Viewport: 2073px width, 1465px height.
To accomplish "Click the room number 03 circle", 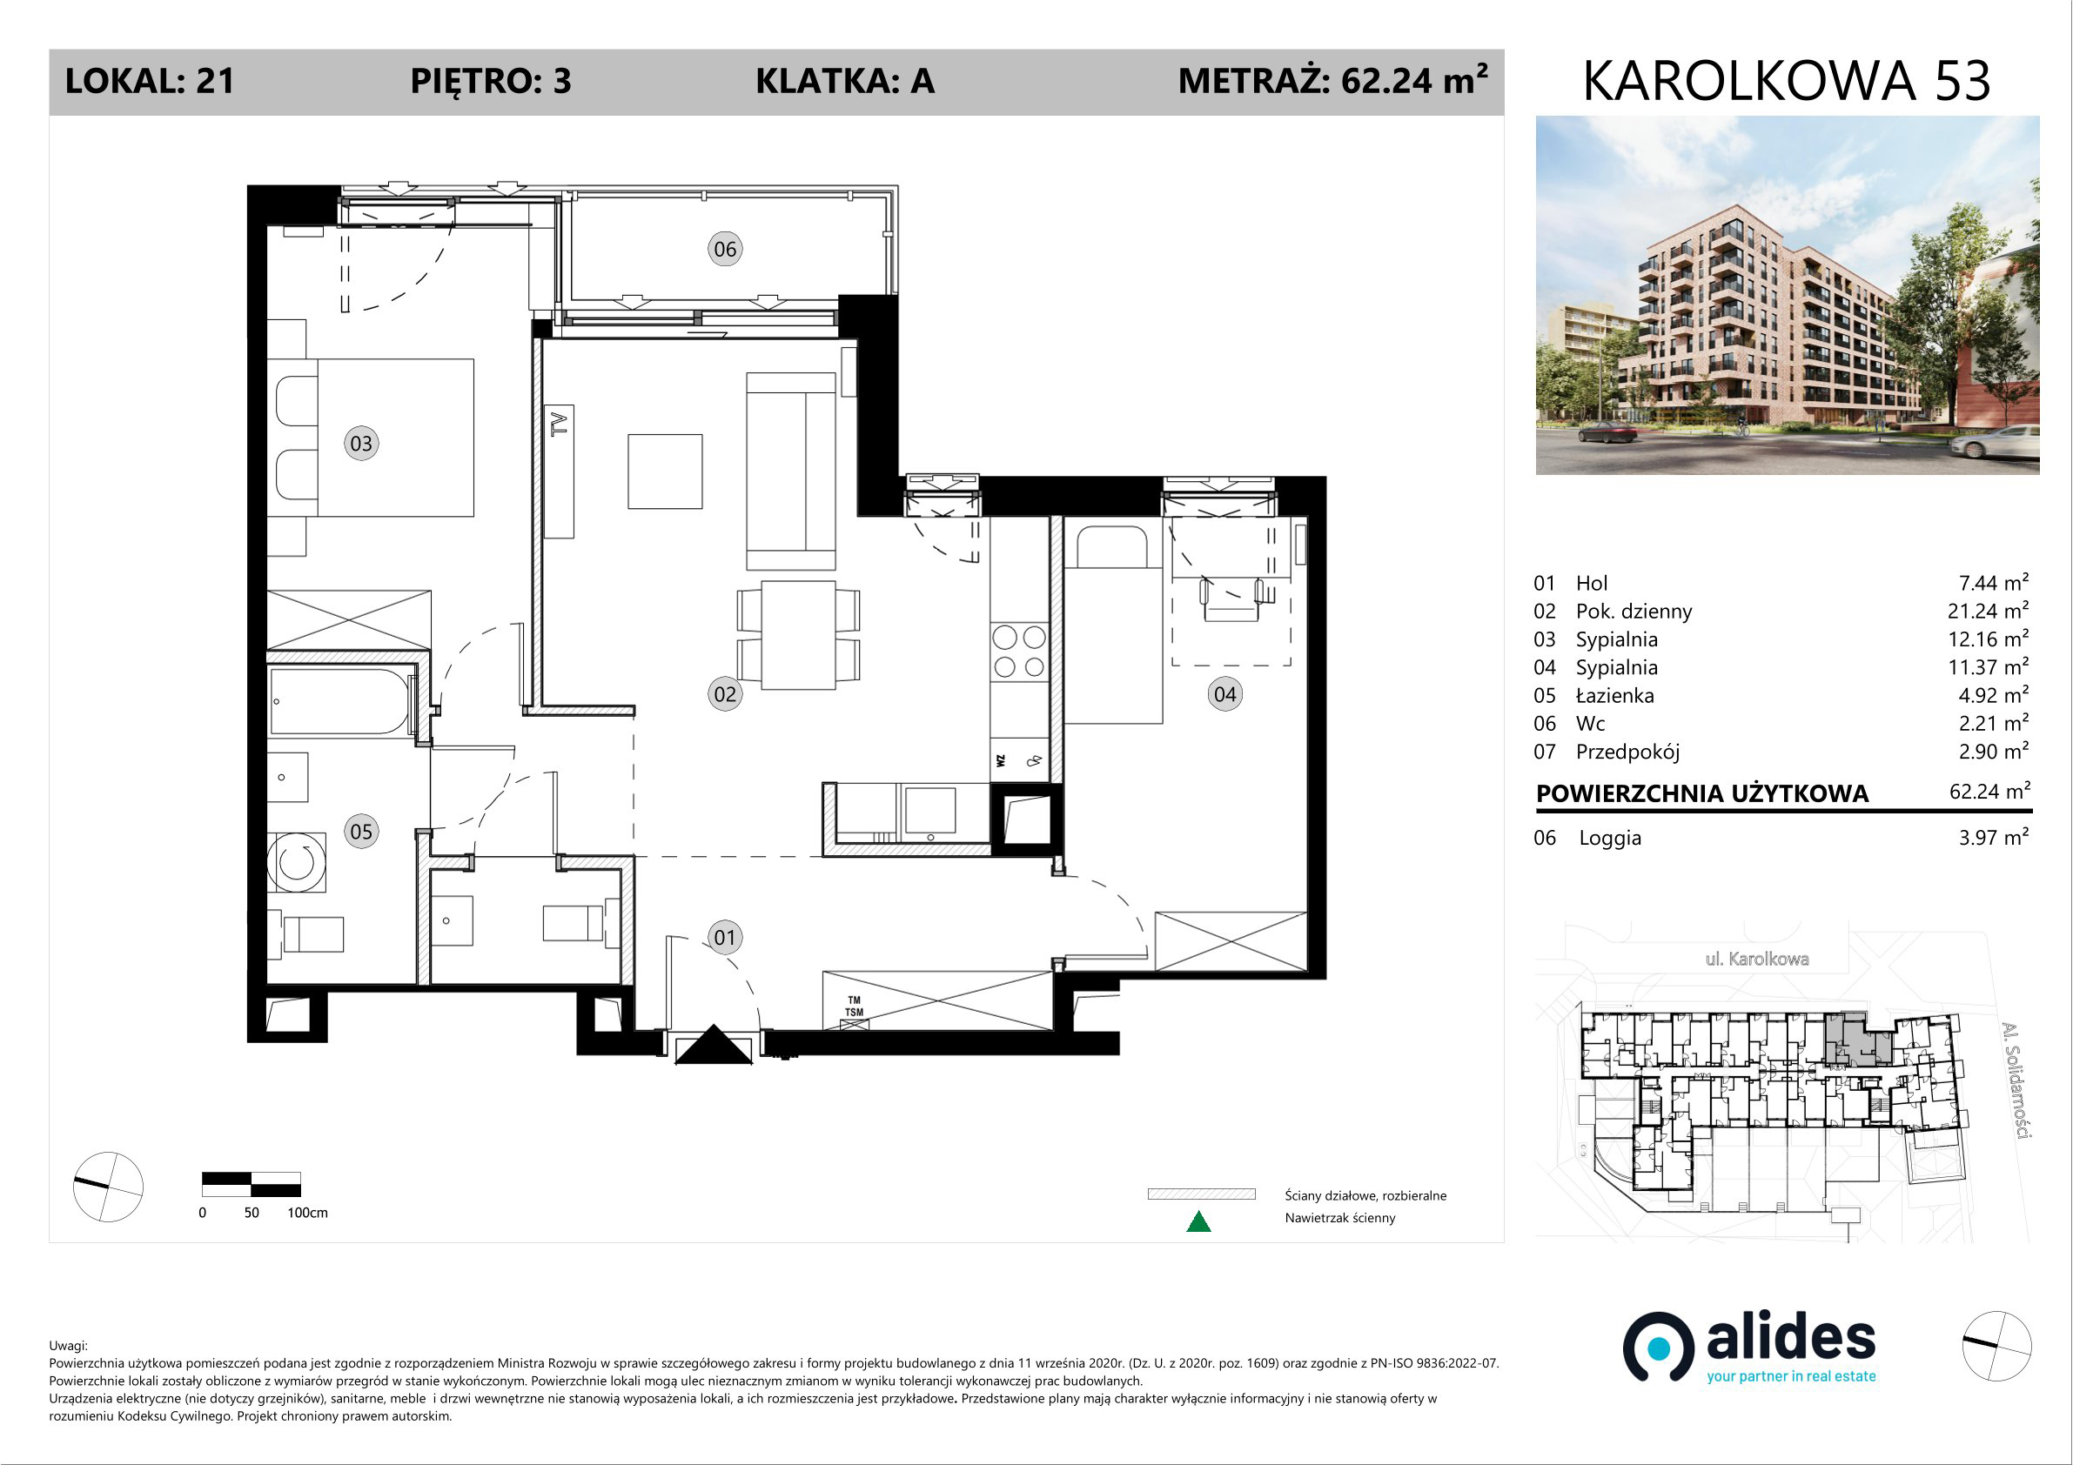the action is tap(361, 443).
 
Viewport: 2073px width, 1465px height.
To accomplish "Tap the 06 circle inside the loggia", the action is tap(725, 249).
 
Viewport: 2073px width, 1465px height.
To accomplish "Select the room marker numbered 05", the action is tap(361, 832).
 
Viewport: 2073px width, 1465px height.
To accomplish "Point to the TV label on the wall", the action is tap(560, 425).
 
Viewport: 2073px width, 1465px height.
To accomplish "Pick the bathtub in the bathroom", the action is tap(340, 701).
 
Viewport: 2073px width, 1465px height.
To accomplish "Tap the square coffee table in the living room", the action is tap(666, 472).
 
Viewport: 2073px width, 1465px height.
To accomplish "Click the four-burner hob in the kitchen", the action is tap(1019, 652).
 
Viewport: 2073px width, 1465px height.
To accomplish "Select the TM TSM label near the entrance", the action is tap(854, 1007).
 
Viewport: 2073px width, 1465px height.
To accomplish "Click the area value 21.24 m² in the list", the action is tap(1987, 610).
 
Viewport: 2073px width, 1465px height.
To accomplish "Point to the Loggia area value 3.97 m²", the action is tap(1993, 837).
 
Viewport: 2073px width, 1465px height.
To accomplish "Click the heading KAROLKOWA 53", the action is tap(1787, 81).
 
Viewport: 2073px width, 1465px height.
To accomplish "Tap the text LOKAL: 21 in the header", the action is tap(150, 81).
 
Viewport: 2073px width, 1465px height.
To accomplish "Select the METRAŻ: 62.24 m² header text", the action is tap(1332, 80).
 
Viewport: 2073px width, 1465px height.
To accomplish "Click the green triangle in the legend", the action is tap(1198, 1221).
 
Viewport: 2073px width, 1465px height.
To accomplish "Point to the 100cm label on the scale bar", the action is tap(307, 1212).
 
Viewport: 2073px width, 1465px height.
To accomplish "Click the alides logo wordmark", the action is tap(1790, 1340).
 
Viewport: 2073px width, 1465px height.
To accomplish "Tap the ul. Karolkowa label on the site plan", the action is tap(1757, 959).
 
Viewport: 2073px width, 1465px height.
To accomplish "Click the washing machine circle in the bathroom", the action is tap(296, 862).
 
